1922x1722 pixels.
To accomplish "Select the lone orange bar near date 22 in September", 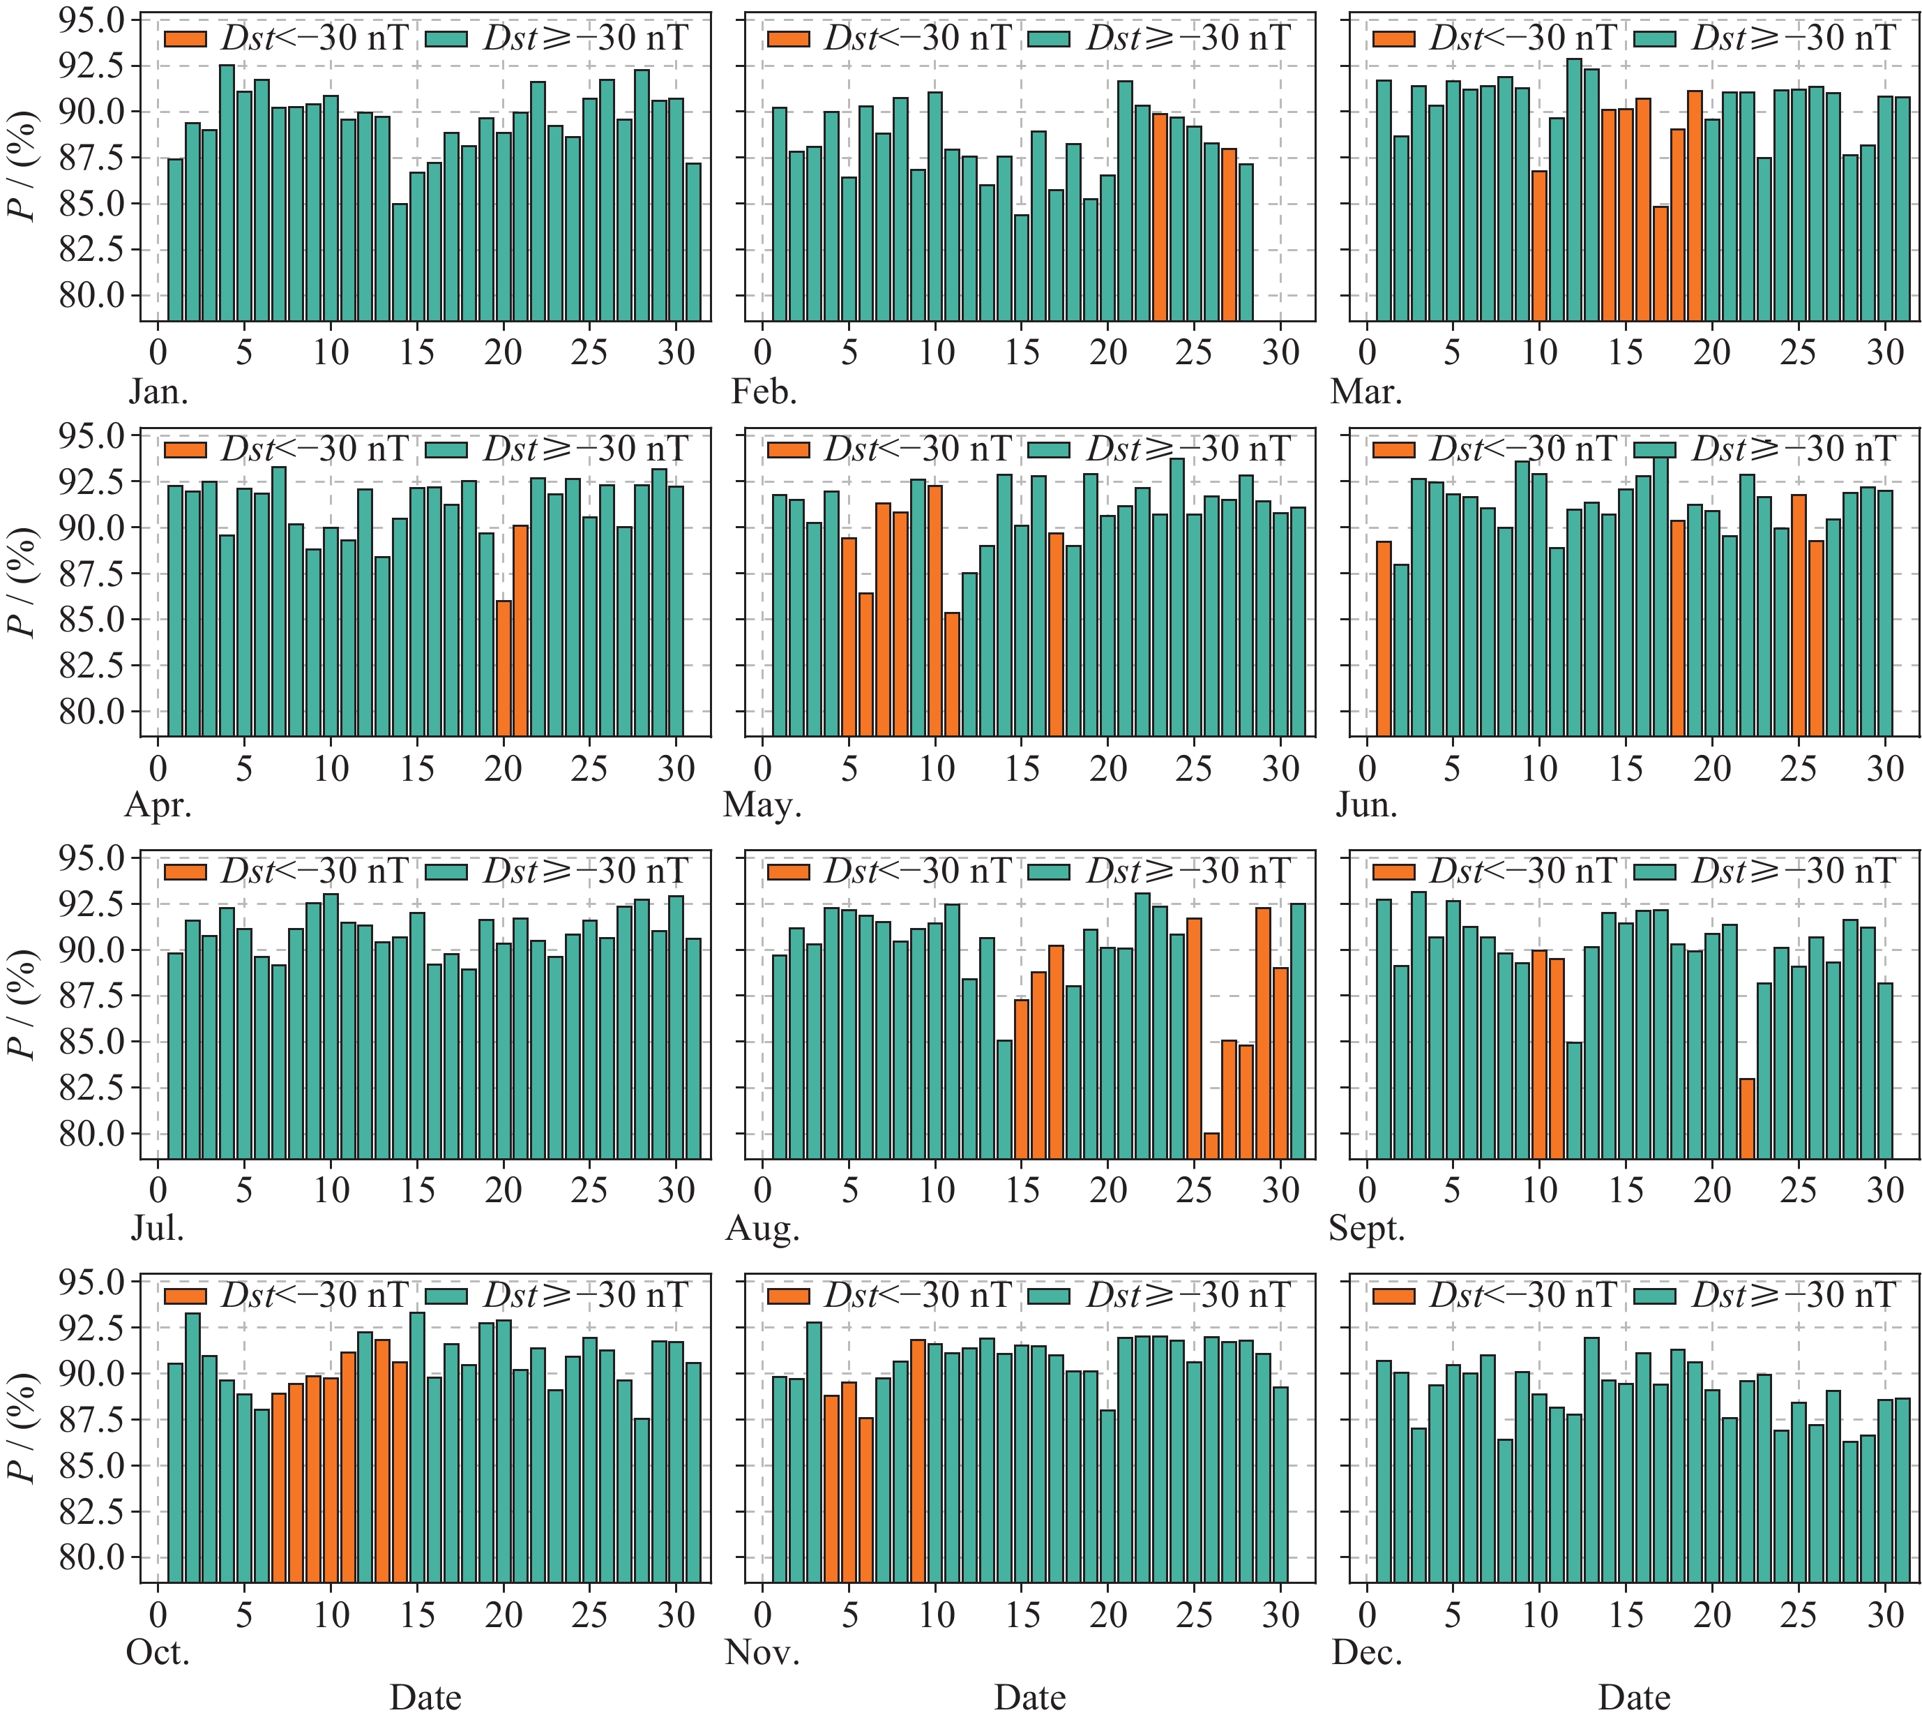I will point(1747,1118).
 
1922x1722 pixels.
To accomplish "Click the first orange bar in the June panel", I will point(1384,638).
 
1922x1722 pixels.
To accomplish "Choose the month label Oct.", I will point(158,1652).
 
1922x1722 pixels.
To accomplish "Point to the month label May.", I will point(762,805).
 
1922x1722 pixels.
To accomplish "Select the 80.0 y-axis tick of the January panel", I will point(92,295).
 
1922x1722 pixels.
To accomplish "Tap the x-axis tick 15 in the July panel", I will point(417,1190).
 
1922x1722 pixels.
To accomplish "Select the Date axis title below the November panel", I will point(1029,1698).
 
